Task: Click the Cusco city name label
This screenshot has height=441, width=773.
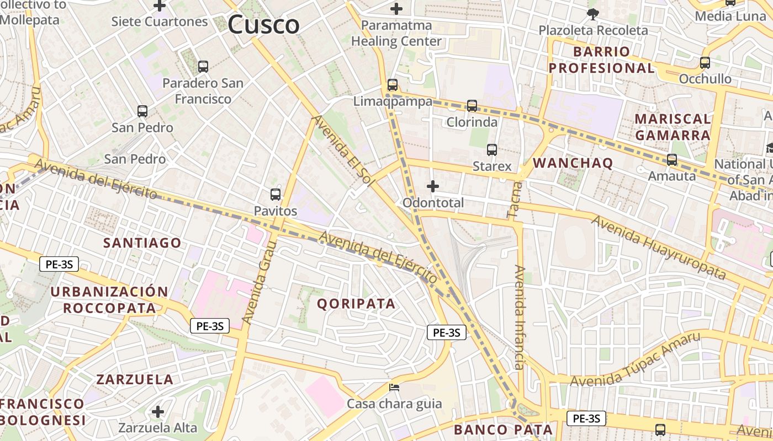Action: point(263,24)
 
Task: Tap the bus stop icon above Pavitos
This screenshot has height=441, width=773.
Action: point(276,195)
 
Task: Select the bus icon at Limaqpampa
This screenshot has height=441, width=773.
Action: point(393,85)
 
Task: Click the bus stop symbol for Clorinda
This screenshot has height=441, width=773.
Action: point(472,105)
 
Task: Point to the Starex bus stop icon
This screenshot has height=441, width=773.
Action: point(492,149)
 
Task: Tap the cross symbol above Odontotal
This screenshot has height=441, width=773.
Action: point(433,186)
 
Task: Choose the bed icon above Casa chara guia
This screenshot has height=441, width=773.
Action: point(394,388)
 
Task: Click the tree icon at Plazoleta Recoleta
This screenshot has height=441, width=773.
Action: point(593,14)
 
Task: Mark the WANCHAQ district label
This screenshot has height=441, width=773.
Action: point(573,163)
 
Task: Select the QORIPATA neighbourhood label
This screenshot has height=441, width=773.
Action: point(356,304)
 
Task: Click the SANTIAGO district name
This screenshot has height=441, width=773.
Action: point(142,243)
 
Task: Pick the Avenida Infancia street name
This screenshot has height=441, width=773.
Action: point(519,317)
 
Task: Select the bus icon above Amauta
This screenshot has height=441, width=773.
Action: point(672,160)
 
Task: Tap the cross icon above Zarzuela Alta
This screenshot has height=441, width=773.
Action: point(158,412)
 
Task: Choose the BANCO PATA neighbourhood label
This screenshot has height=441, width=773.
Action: point(503,430)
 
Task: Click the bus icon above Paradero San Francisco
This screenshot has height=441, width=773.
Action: point(203,67)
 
